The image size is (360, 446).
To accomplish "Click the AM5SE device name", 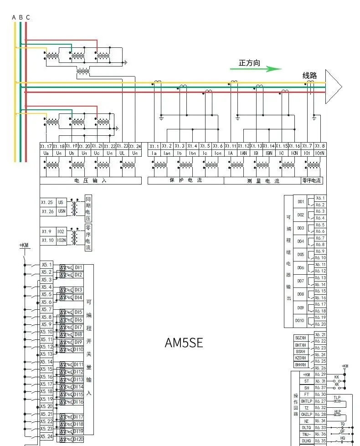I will tap(184, 343).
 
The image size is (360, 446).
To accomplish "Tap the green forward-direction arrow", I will tap(267, 69).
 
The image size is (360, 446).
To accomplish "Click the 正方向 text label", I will tap(249, 63).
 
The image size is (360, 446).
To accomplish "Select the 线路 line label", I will tap(309, 76).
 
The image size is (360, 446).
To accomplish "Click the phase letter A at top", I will tap(14, 17).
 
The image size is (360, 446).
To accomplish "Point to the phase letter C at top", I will tap(28, 17).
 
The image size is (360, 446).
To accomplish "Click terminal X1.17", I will tap(46, 146).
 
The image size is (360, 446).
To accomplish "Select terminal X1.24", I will tap(135, 146).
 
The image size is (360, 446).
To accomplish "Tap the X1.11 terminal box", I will tap(231, 146).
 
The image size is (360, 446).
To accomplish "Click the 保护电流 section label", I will tap(185, 181).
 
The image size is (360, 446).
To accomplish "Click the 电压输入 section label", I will tap(90, 181).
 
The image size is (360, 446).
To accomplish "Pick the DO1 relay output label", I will tap(301, 201).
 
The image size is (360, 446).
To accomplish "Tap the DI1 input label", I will tap(78, 267).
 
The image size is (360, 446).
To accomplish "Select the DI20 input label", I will tap(78, 439).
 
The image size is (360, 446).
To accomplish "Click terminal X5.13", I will tap(46, 354).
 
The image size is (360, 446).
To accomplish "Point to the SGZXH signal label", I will tap(301, 338).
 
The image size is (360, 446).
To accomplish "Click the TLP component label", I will tap(337, 398).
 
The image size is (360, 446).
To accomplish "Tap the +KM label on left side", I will tap(24, 246).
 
